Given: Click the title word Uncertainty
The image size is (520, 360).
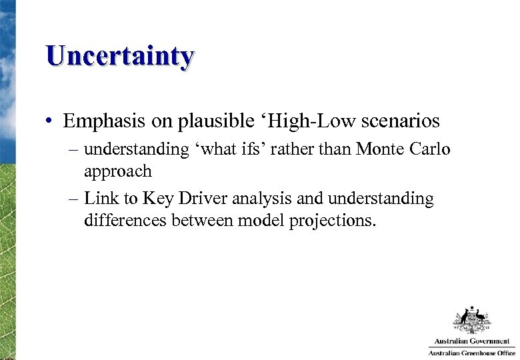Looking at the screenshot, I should tap(120, 56).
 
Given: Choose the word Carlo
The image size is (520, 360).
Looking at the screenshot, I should tap(428, 149).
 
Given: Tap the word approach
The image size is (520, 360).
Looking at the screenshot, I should tap(118, 172).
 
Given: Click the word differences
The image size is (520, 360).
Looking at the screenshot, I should tap(125, 220).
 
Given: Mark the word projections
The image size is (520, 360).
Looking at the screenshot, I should tap(332, 221).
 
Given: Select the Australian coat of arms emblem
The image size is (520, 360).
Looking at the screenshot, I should tap(472, 321).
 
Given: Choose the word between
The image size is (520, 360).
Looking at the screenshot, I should tap(203, 220).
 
